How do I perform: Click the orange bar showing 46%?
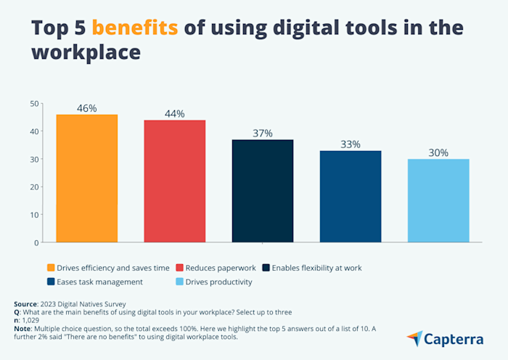pos(87,178)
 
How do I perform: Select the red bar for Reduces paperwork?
pos(175,181)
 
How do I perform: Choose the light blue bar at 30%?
pos(438,200)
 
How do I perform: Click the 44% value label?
pos(175,114)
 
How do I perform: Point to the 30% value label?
pos(438,153)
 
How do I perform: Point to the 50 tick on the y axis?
pos(33,104)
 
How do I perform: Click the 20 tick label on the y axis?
pos(33,187)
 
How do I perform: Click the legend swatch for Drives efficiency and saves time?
pos(51,268)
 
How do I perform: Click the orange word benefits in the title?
pos(134,28)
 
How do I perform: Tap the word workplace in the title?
pos(85,54)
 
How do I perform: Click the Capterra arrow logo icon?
pos(415,339)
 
